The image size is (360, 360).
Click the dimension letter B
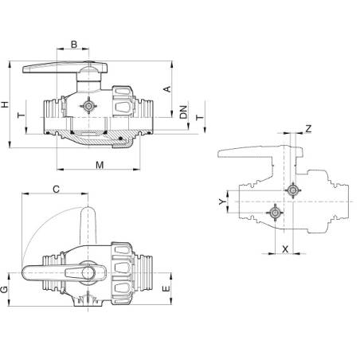point(74,45)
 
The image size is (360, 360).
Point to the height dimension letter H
point(6,105)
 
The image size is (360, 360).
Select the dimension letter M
point(100,165)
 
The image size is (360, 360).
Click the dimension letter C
point(56,189)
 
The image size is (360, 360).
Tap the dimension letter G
point(6,290)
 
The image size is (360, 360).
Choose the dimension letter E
point(166,290)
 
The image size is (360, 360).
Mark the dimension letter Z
point(308,128)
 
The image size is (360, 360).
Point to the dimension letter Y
point(222,203)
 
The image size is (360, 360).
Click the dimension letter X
point(285,248)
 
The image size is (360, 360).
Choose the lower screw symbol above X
point(275,213)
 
